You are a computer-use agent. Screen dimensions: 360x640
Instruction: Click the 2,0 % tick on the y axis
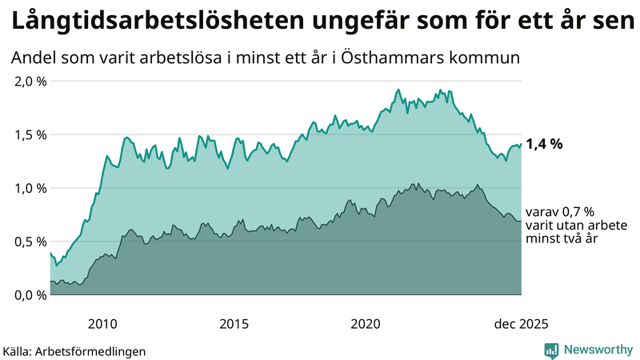click(30, 82)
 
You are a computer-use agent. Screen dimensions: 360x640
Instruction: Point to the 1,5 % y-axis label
click(30, 134)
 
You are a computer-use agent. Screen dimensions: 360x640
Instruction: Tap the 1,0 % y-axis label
click(30, 188)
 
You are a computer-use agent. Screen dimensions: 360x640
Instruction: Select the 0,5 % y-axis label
click(30, 241)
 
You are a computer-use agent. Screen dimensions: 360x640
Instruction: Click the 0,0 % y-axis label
click(30, 294)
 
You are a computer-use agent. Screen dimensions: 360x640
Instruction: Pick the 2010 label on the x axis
click(102, 324)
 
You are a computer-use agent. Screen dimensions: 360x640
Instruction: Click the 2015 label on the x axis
click(234, 324)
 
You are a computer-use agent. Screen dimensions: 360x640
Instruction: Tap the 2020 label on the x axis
click(366, 324)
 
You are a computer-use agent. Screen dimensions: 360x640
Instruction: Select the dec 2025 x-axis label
click(521, 324)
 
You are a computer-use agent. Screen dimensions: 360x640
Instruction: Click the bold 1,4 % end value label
click(544, 145)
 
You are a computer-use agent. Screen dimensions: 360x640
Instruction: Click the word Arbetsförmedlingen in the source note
click(95, 350)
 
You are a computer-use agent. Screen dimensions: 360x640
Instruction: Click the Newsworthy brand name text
click(599, 350)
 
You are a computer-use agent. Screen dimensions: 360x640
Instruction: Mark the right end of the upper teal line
click(521, 145)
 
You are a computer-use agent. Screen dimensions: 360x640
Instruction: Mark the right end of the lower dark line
click(521, 221)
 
